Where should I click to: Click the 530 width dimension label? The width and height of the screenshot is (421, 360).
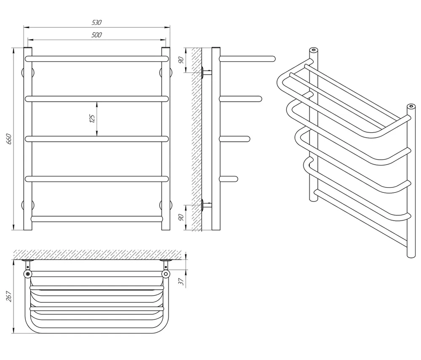click(97, 22)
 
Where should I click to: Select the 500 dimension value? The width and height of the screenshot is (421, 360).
click(97, 35)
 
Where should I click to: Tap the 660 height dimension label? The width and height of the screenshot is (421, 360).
click(9, 139)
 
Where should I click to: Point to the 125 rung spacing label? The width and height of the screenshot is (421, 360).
click(92, 118)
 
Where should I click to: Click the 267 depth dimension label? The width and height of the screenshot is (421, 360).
click(9, 296)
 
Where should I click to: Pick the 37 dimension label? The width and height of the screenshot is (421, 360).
click(181, 281)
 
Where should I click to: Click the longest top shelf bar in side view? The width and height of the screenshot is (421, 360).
click(247, 59)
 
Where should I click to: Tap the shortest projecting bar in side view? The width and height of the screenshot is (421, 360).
click(229, 179)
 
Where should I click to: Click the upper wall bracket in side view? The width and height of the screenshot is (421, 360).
click(206, 72)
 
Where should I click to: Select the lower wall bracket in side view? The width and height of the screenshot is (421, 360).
click(206, 205)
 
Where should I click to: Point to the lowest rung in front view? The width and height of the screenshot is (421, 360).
click(97, 219)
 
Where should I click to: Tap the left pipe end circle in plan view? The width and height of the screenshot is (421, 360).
click(28, 274)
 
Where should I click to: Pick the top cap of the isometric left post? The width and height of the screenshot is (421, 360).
click(313, 51)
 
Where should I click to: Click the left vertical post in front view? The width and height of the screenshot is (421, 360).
click(28, 139)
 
